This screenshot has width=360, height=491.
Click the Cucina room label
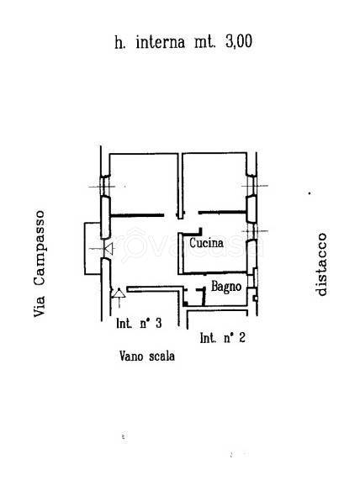[x=206, y=243]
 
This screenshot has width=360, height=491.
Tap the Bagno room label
[x=226, y=286]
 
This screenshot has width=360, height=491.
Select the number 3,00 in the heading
[x=239, y=41]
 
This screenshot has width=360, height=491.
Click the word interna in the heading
[x=160, y=42]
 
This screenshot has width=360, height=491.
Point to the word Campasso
[x=40, y=248]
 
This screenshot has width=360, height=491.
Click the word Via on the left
[x=40, y=306]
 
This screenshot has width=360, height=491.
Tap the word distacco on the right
[x=321, y=264]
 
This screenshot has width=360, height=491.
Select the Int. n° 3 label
[x=139, y=323]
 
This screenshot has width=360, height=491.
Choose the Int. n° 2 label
[x=222, y=338]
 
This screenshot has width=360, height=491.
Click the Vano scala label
[x=147, y=356]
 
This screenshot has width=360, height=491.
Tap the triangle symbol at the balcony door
[x=109, y=249]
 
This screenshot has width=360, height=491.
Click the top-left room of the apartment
[x=144, y=184]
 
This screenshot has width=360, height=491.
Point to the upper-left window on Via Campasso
[x=105, y=187]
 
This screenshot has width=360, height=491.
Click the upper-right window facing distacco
[x=251, y=186]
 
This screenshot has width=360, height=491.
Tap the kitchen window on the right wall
[x=251, y=231]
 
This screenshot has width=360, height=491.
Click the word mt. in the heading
[x=205, y=42]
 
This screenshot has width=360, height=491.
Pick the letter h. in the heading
[x=120, y=42]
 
